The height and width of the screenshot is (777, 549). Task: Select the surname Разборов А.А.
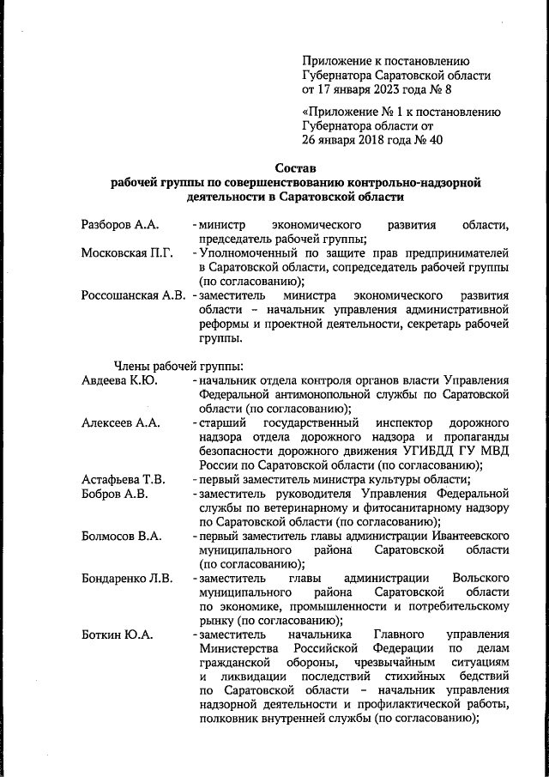point(120,225)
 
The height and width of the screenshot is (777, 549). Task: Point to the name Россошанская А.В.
point(133,296)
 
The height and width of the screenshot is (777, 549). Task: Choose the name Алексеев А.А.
point(121,423)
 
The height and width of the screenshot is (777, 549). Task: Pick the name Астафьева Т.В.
point(124,479)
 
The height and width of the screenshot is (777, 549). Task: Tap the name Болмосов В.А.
point(121,536)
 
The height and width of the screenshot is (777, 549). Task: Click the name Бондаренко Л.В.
point(127,578)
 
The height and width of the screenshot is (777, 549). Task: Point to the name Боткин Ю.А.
point(118,634)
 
